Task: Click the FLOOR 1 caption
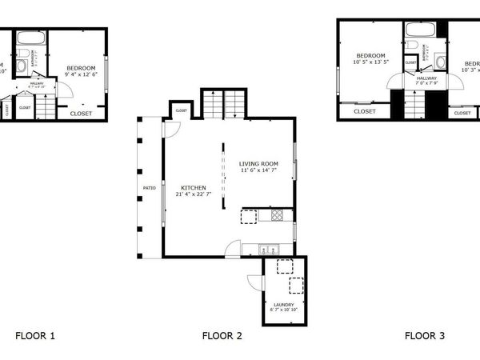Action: point(35,335)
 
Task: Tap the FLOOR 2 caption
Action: point(222,335)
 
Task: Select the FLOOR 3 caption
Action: point(424,335)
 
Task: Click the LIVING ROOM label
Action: point(258,164)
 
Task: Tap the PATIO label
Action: point(150,189)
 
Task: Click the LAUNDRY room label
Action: point(283,305)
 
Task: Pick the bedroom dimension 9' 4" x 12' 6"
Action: point(81,74)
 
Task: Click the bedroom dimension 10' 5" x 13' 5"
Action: point(370,62)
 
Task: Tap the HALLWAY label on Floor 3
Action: point(426,78)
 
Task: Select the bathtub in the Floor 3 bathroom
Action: point(420,30)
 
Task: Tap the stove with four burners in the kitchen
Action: point(277,215)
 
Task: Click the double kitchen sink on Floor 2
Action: point(267,246)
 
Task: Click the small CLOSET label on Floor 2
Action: point(181,110)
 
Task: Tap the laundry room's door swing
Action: point(255,282)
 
